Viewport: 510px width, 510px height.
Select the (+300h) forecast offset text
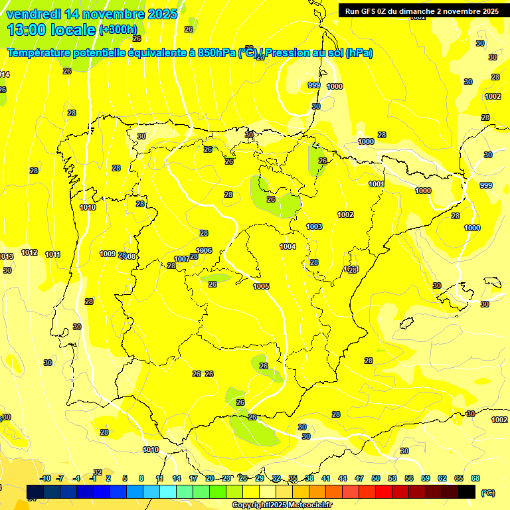coord(118,30)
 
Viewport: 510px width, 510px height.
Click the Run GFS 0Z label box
coord(422,11)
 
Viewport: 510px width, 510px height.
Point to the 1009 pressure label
coord(108,254)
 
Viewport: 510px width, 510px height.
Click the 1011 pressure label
coord(53,255)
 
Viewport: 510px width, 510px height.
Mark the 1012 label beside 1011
coord(29,253)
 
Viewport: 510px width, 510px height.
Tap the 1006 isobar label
coord(204,250)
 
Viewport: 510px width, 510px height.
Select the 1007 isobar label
coord(182,259)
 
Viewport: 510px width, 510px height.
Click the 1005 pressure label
coord(261,286)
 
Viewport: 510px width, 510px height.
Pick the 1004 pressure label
coord(288,246)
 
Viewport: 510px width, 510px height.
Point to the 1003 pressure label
coord(314,226)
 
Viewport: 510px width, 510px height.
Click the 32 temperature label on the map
coord(98,472)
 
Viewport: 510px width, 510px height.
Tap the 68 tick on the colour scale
coord(475,478)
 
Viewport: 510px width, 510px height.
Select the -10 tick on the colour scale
coord(45,478)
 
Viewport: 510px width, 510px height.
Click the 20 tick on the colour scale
coord(209,478)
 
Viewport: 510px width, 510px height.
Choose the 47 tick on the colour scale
coord(359,478)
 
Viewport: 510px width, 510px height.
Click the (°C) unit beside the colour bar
coord(488,492)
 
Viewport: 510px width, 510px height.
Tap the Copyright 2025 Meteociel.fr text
coord(281,505)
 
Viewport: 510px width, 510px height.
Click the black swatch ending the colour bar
coord(467,491)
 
